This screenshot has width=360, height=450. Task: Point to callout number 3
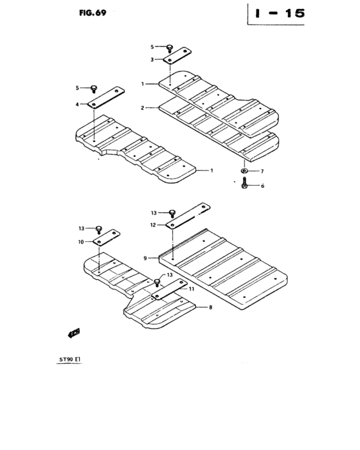point(152,59)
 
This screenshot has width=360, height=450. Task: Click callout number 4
point(77,104)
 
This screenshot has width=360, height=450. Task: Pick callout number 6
point(261,185)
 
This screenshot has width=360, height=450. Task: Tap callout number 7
point(261,171)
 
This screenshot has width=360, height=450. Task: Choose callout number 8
point(210,308)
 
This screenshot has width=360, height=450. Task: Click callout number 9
point(145,258)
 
